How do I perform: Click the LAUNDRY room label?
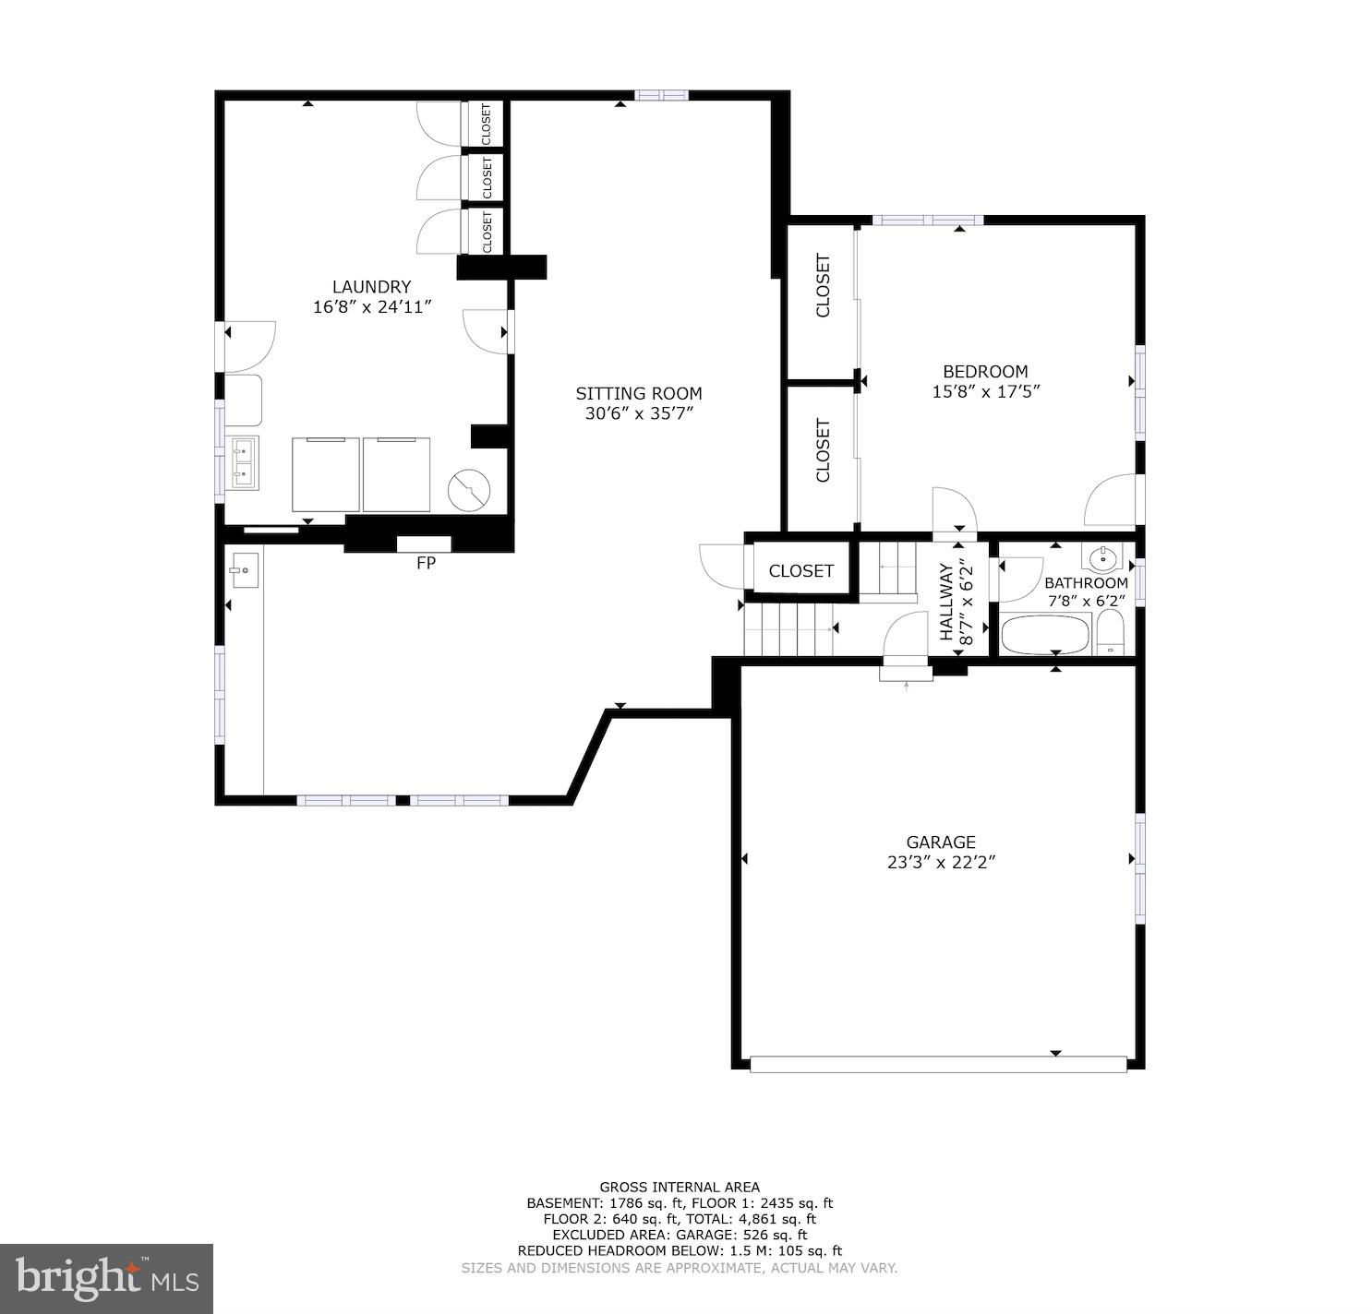371,287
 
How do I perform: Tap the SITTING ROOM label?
639,394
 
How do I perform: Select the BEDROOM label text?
986,371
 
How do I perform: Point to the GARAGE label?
941,842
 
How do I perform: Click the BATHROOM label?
1086,582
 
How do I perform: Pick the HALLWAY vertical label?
946,601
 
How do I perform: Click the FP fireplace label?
426,562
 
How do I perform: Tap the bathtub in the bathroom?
1046,634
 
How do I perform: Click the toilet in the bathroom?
1111,633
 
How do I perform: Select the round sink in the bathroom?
1102,558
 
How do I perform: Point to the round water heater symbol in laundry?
469,490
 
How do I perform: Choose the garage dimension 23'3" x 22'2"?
941,863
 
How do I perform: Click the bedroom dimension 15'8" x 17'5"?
986,392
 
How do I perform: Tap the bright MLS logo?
106,1278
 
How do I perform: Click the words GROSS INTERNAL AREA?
680,1188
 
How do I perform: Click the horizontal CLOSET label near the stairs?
800,570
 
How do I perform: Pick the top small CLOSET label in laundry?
486,125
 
